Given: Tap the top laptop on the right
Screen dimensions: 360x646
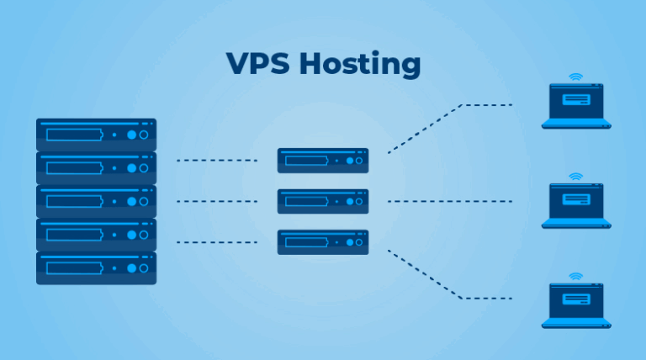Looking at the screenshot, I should click(576, 107).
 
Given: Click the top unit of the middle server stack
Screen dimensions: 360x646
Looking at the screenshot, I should click(323, 160).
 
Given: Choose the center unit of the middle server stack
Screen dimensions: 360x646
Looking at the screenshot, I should click(323, 201).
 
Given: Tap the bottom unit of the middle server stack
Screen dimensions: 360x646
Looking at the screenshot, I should click(323, 242).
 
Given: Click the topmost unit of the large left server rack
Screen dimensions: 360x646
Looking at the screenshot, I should click(96, 134).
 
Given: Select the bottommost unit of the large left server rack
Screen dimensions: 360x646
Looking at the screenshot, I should click(96, 268).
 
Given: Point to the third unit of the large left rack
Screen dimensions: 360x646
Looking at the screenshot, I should click(96, 201).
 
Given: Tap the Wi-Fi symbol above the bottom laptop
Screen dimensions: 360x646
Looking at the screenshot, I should click(576, 276).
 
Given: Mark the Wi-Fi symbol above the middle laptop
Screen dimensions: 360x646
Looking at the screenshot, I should click(576, 177).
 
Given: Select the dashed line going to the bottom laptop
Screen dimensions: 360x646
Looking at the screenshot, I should click(446, 286).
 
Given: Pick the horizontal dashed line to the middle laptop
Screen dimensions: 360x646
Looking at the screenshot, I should click(450, 201).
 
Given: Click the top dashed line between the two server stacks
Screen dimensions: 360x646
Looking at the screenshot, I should click(216, 160).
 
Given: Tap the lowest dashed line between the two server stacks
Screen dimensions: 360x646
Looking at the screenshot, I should click(216, 242).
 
